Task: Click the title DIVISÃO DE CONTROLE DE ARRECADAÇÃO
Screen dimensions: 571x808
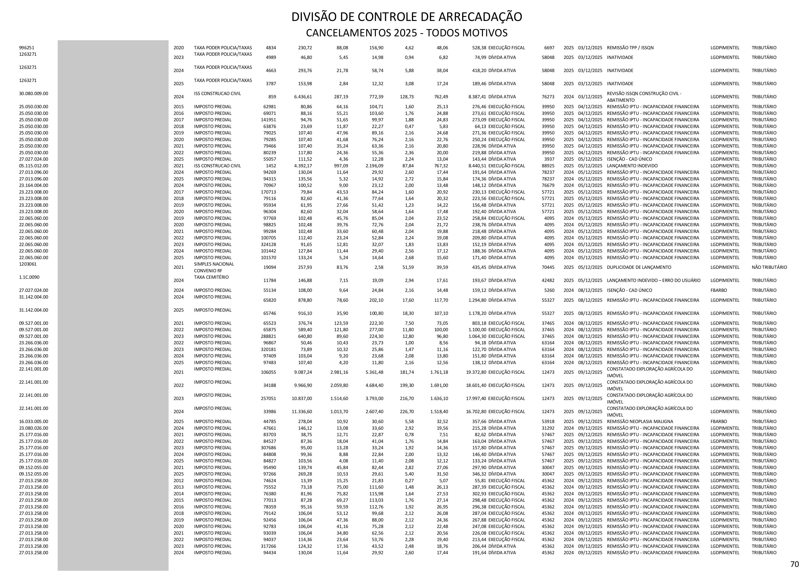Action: point(406,17)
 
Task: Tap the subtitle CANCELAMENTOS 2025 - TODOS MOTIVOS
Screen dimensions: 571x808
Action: point(406,33)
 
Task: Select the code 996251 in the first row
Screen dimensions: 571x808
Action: point(27,47)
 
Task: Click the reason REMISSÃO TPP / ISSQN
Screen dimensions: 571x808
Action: point(630,47)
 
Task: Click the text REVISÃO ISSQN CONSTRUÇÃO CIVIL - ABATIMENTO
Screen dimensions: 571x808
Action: point(644,97)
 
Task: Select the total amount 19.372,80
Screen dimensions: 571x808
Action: point(476,372)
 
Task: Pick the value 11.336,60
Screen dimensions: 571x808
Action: point(302,412)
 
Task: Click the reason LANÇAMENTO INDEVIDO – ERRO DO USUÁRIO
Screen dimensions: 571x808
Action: point(653,280)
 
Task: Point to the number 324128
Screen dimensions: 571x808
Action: point(269,244)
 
